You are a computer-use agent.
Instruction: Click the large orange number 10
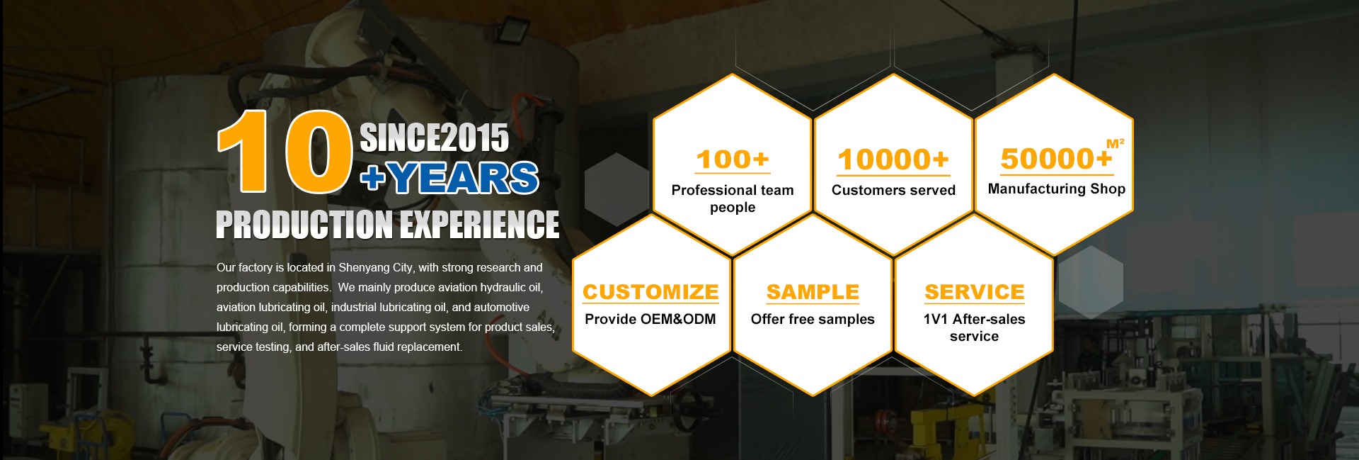pos(285,151)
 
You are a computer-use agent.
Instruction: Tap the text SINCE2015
pos(435,138)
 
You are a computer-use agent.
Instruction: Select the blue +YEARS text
pos(449,178)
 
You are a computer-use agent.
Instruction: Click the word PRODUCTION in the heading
pos(304,225)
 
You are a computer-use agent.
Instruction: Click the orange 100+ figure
pos(733,159)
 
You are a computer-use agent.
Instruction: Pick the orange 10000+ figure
pos(893,160)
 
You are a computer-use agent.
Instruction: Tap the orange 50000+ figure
pos(1056,159)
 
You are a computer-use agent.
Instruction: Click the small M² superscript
pos(1116,143)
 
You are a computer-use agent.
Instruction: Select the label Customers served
pos(893,190)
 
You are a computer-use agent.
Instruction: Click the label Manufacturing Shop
pos(1056,189)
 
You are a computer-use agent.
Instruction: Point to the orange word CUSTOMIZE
pos(650,292)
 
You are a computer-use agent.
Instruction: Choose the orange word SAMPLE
pos(813,292)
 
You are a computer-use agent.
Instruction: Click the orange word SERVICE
pos(974,292)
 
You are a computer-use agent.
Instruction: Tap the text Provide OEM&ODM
pos(650,319)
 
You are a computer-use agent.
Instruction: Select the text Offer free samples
pos(813,319)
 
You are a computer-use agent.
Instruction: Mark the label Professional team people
pos(733,198)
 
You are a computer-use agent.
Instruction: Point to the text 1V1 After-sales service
pos(974,327)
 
